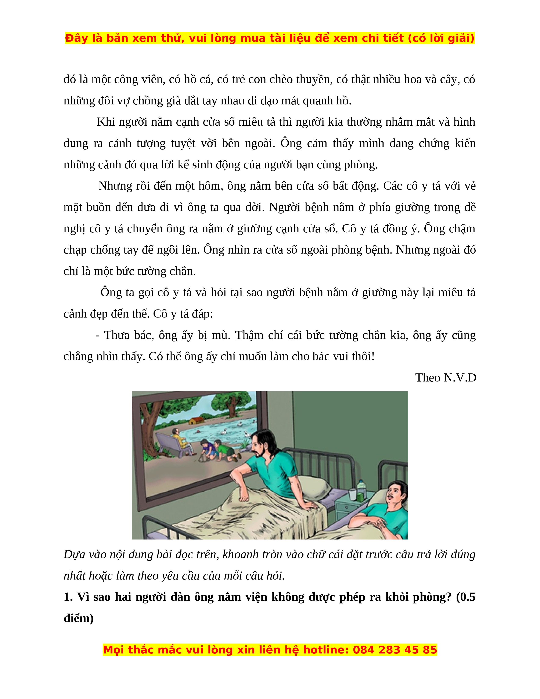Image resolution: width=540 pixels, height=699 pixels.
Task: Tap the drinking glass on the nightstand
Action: (x=353, y=494)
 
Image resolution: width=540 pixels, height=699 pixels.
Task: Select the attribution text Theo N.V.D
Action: (x=446, y=378)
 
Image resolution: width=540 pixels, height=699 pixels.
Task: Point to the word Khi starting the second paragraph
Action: (x=106, y=122)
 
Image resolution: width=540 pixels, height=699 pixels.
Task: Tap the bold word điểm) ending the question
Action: (x=78, y=618)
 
